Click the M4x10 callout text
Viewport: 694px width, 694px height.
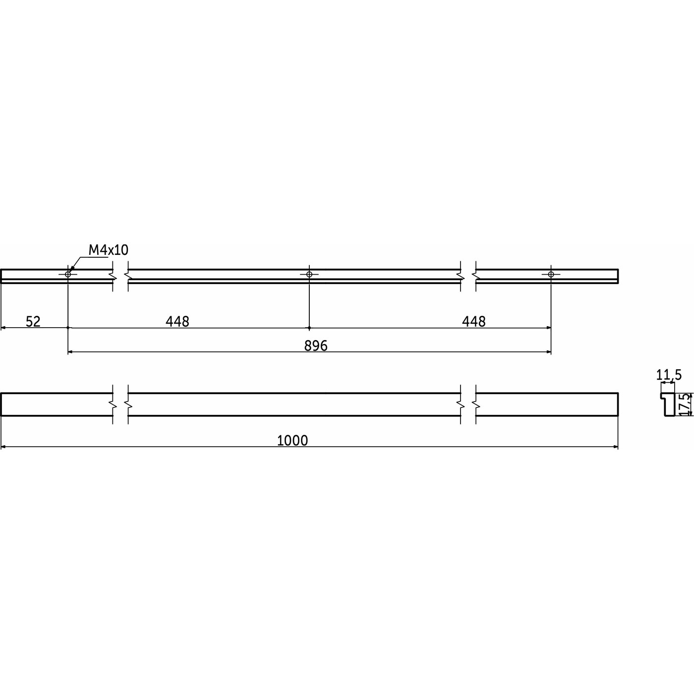[x=109, y=249]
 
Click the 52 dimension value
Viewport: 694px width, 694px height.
[x=33, y=321]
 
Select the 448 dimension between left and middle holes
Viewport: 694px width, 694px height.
[x=177, y=321]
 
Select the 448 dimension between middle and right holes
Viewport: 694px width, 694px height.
[x=473, y=321]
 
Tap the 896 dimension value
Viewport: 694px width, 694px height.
[x=316, y=346]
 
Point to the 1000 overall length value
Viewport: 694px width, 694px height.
[x=292, y=441]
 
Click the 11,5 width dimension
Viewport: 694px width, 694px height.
[x=669, y=375]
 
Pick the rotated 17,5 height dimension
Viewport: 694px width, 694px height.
[x=687, y=405]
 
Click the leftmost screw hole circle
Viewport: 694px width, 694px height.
[x=68, y=274]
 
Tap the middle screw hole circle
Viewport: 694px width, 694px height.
[x=309, y=274]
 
